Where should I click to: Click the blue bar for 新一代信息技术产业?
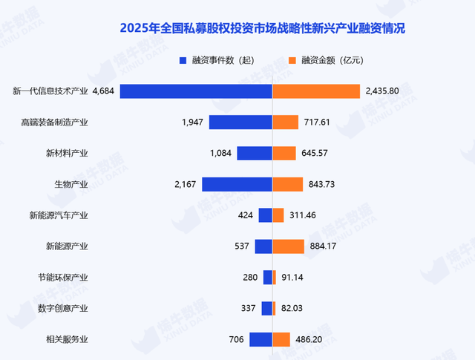click(x=196, y=91)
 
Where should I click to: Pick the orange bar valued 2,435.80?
click(x=316, y=91)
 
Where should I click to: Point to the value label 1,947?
click(x=192, y=122)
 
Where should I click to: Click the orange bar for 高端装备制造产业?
click(x=286, y=122)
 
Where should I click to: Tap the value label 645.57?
click(x=318, y=154)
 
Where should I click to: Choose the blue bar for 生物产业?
click(x=237, y=185)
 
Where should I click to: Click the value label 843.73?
click(x=324, y=185)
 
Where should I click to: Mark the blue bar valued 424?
click(x=265, y=215)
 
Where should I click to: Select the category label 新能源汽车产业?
click(x=59, y=215)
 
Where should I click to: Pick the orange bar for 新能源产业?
click(x=288, y=246)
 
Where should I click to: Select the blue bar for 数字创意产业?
click(x=267, y=309)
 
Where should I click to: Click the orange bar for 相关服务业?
click(x=281, y=339)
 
